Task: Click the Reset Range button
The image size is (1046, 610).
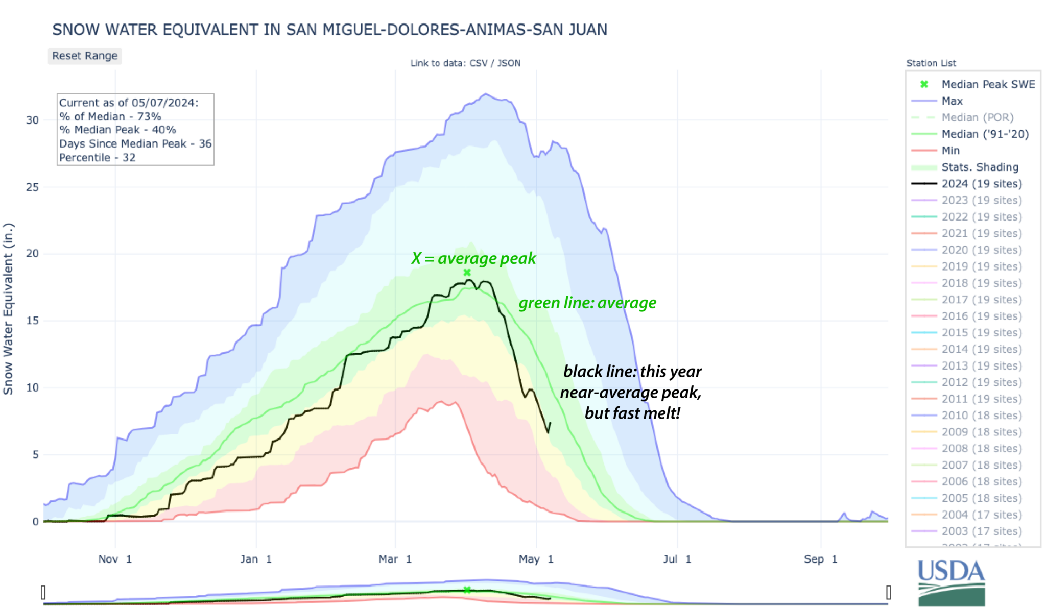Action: click(x=85, y=56)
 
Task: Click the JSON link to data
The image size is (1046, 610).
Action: click(x=509, y=63)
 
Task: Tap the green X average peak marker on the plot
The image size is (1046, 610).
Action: click(x=467, y=273)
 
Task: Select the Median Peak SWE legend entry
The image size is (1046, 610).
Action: click(x=988, y=84)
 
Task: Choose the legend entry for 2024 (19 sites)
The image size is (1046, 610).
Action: click(x=982, y=184)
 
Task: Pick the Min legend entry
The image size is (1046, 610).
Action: click(x=950, y=151)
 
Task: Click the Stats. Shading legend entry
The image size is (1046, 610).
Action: click(x=980, y=167)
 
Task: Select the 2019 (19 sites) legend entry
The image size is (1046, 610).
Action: click(x=982, y=266)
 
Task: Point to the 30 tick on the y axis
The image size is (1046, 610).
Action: click(x=32, y=120)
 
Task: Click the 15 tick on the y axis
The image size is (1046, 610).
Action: click(x=32, y=321)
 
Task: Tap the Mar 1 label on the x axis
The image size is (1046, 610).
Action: click(x=395, y=559)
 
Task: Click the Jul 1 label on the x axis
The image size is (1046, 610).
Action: click(x=677, y=559)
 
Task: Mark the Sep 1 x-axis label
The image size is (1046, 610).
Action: click(x=820, y=559)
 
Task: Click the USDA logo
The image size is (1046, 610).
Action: click(x=951, y=582)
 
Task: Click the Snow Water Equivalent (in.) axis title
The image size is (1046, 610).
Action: click(x=8, y=309)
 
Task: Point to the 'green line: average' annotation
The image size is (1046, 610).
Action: click(x=587, y=303)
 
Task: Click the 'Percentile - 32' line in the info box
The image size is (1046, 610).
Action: click(x=97, y=158)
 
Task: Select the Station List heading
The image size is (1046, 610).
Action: click(x=931, y=63)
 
